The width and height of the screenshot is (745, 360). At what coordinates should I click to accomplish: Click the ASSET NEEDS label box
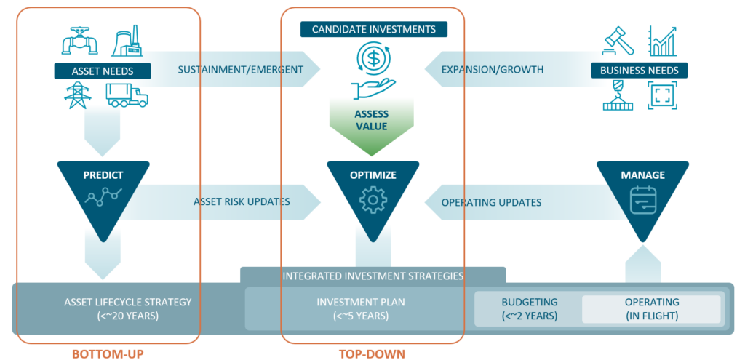[103, 71]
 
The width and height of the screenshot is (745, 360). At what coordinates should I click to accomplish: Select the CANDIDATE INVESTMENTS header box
[374, 30]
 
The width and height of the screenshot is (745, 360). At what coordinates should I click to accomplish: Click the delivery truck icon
[127, 95]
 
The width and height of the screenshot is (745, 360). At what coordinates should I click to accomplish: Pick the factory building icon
[128, 43]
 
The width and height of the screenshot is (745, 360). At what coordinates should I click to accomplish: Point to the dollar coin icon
[372, 57]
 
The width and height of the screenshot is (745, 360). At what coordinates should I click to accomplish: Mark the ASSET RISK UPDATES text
[242, 201]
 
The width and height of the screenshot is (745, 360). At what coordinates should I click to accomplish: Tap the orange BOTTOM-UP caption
[108, 353]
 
